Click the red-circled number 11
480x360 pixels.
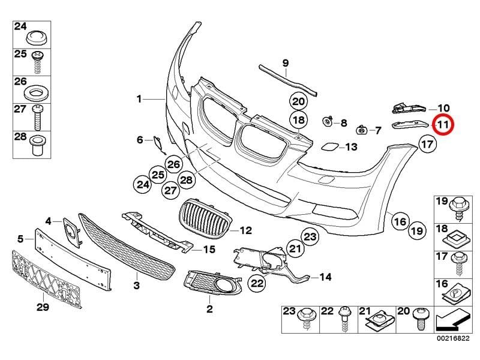click(x=443, y=125)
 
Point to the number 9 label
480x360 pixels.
click(x=285, y=62)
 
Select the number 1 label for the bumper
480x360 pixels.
click(x=139, y=99)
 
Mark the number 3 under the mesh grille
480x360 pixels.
click(x=136, y=285)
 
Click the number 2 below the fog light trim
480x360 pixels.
click(x=209, y=310)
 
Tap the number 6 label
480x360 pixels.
click(x=140, y=140)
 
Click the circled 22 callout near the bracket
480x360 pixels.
click(x=257, y=283)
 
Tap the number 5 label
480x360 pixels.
click(x=20, y=239)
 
